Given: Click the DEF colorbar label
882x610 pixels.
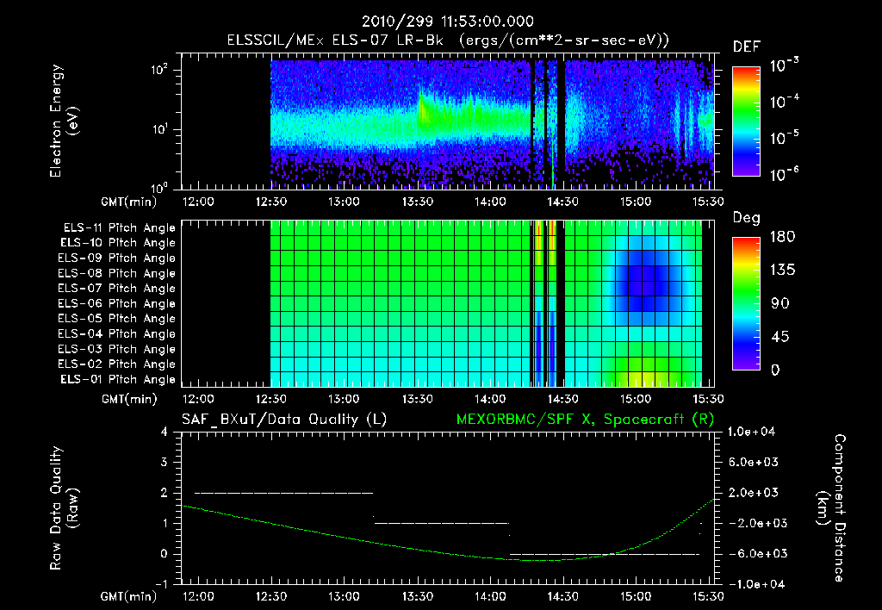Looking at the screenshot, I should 745,47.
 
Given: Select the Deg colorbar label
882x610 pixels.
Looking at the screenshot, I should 746,218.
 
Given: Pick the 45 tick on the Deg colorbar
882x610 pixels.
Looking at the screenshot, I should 775,337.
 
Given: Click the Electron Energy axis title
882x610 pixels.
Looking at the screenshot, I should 65,121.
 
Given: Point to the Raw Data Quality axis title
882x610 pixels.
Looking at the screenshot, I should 65,508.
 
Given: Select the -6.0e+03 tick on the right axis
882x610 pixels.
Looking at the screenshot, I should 755,553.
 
